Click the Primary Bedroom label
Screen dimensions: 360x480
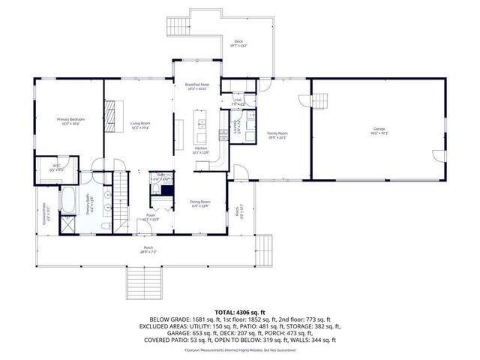[70, 121]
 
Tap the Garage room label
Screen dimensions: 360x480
[379, 130]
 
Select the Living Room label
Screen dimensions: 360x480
[140, 124]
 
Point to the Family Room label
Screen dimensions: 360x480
[277, 135]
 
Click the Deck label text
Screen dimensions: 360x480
[238, 43]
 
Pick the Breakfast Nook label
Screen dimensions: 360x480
[196, 87]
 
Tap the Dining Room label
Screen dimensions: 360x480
[199, 203]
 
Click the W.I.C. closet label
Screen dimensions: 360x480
[56, 168]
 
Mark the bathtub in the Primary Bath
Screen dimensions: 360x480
[67, 201]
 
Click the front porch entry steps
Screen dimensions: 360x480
[140, 281]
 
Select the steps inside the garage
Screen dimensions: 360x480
[320, 100]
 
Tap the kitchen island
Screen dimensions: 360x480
[201, 127]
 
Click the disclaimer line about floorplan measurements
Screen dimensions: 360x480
[240, 349]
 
